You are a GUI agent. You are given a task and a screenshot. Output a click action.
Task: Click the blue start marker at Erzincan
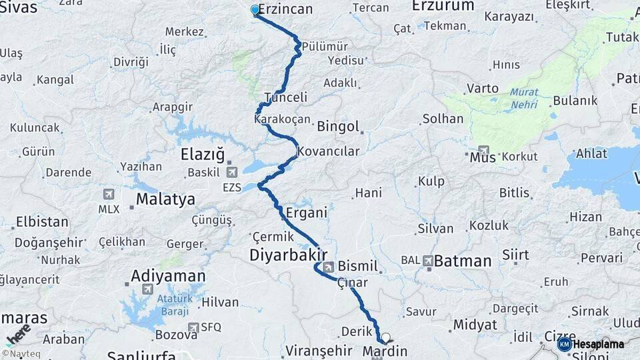pos(255,10)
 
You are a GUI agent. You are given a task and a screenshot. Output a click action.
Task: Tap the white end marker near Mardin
pos(385,337)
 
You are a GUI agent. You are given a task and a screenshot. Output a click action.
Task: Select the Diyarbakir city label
pos(288,255)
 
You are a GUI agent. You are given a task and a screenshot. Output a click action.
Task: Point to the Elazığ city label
pos(203,155)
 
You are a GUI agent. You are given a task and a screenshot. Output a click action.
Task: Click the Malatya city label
pos(165,199)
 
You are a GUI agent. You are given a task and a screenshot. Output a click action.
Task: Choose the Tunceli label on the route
pos(285,97)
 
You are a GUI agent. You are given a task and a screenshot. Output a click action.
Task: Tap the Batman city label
pos(463,261)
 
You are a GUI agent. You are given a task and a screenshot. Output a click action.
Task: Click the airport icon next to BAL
pos(427,261)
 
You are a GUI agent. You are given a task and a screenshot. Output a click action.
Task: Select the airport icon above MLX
pos(108,194)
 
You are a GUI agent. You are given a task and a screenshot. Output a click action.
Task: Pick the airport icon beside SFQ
pos(193,327)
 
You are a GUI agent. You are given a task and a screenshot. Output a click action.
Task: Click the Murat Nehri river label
pos(524,99)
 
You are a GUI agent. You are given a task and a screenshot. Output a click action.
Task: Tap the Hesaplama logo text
pos(599,344)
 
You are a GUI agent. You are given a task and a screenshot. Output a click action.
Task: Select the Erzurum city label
pos(443,6)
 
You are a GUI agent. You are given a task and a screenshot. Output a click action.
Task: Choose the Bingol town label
pos(338,126)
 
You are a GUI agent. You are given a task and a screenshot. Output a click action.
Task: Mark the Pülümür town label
pos(325,46)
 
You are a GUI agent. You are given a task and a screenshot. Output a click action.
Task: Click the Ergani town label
pos(306,213)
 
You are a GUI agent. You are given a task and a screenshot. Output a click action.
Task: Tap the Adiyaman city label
pos(168,275)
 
